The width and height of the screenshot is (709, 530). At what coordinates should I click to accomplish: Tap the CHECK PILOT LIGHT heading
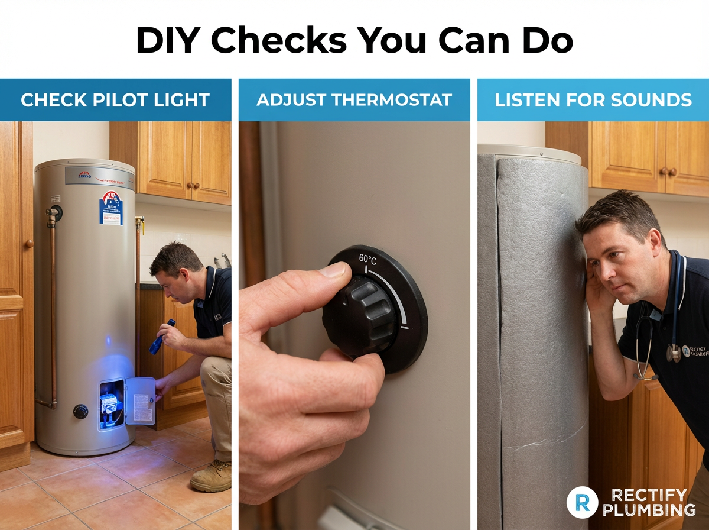click(x=115, y=100)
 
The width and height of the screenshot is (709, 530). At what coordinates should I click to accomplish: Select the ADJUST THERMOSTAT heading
click(x=354, y=100)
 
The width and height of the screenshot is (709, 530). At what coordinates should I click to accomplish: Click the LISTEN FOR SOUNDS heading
click(x=593, y=100)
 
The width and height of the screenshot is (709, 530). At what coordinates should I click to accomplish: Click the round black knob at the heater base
click(x=80, y=411)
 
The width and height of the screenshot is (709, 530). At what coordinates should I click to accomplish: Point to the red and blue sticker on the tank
click(x=110, y=208)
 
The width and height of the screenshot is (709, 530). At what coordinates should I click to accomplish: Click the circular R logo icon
click(x=578, y=502)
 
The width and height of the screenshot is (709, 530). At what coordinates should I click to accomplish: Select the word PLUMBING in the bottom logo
click(x=653, y=510)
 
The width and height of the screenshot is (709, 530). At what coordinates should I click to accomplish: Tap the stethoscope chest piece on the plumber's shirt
click(x=674, y=353)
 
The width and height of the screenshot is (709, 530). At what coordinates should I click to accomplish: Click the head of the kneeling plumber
click(x=175, y=263)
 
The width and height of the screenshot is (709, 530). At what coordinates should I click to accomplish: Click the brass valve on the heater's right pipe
click(x=139, y=223)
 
